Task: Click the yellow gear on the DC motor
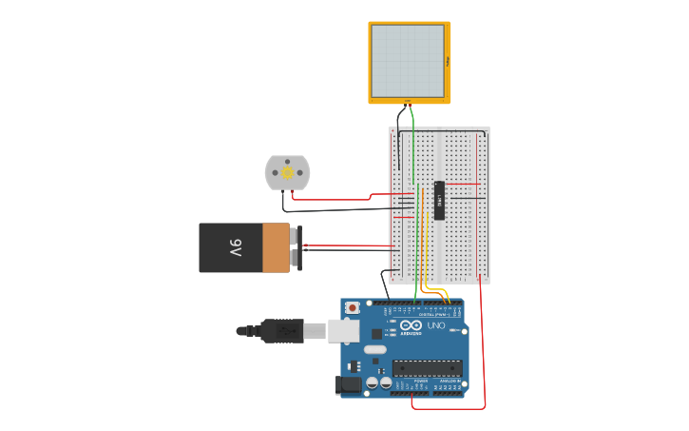(287, 173)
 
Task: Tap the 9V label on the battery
(235, 248)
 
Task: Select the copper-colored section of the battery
(276, 247)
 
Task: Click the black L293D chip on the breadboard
(439, 200)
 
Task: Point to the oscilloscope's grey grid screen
(408, 61)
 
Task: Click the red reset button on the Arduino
(353, 307)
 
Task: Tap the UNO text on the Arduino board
(436, 326)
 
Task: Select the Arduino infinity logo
(411, 325)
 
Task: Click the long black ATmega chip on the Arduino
(427, 367)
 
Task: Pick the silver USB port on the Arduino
(342, 330)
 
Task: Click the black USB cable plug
(282, 330)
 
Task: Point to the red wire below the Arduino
(447, 409)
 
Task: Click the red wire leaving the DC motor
(333, 200)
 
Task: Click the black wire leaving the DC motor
(333, 210)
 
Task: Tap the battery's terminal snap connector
(298, 248)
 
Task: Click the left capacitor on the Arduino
(372, 382)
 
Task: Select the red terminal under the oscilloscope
(410, 103)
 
